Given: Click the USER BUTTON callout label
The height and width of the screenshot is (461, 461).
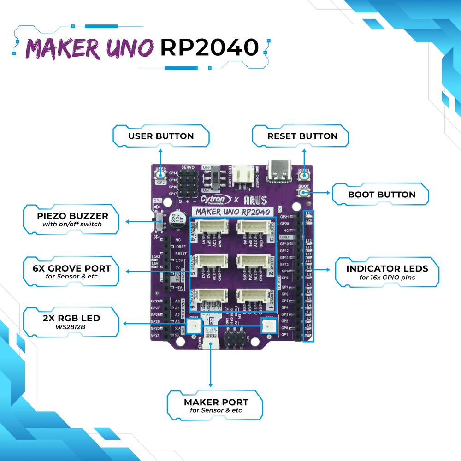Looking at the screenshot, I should click(x=161, y=136).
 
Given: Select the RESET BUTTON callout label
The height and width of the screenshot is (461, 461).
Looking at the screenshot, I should click(x=302, y=136).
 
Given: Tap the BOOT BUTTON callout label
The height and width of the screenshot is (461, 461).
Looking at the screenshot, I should click(x=382, y=195).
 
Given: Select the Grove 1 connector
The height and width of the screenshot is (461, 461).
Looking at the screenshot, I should click(x=253, y=297).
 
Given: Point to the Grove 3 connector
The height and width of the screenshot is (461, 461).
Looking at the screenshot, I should click(x=253, y=228).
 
